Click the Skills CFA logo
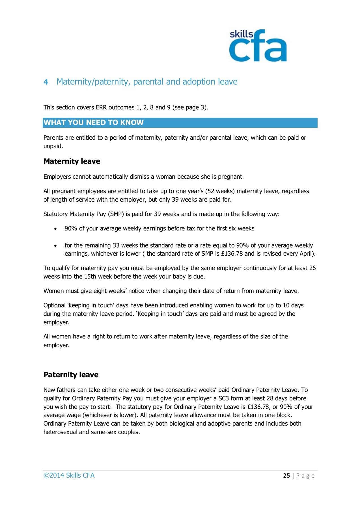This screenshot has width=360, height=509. click(258, 46)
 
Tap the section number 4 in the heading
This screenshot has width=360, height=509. click(46, 82)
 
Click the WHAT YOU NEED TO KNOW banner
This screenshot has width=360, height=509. click(180, 123)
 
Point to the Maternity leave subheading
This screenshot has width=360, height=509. click(72, 161)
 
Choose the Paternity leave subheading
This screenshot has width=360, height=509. click(71, 375)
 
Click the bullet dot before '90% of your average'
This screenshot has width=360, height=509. click(55, 229)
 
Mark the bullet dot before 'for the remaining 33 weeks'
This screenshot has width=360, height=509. click(55, 246)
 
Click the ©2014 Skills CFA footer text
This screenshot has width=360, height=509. click(69, 476)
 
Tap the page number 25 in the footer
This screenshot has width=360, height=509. click(286, 476)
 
